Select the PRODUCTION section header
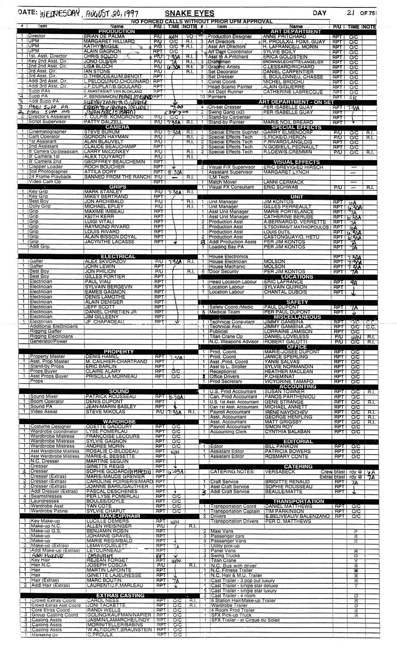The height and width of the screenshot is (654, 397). pos(110,31)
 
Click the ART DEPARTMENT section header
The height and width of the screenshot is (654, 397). pos(296,31)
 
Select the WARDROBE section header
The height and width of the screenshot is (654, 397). pos(119,421)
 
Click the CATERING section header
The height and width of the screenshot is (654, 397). pos(298,467)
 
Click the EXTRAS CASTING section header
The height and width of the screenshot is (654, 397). pos(118,595)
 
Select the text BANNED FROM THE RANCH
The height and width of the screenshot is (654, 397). pos(117,177)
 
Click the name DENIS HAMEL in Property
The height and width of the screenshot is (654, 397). pos(99,357)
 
